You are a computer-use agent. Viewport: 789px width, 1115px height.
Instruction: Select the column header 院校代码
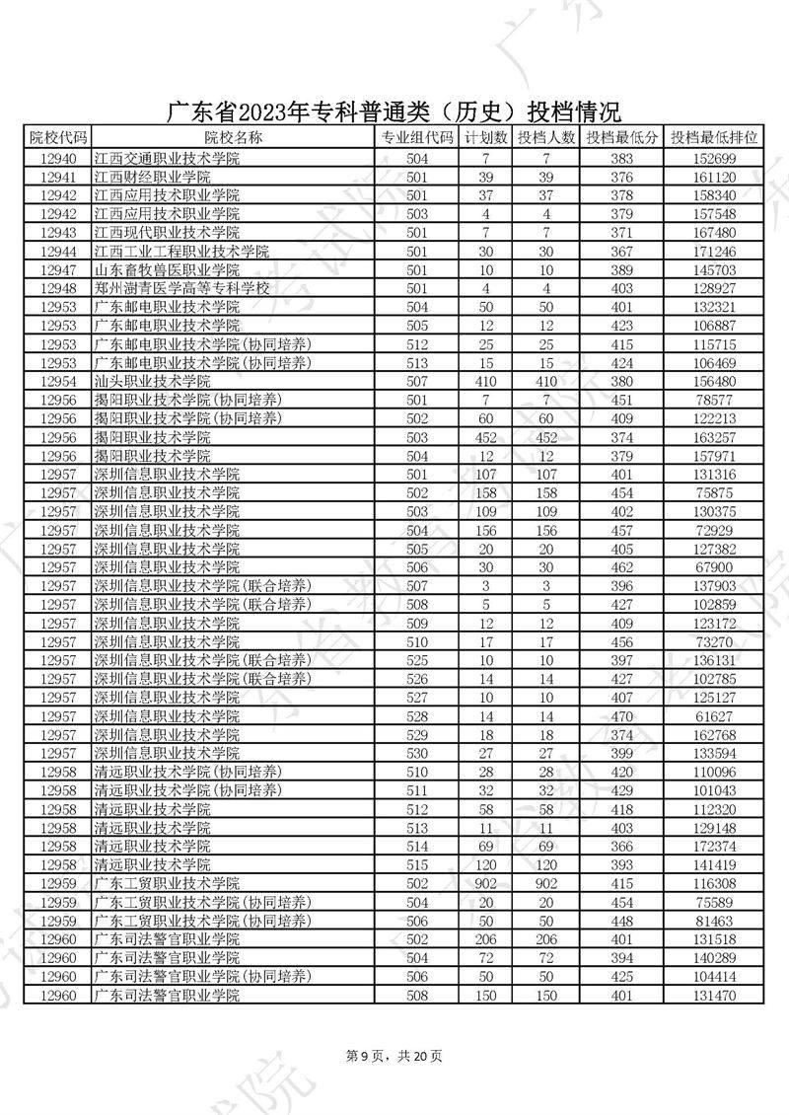coord(59,138)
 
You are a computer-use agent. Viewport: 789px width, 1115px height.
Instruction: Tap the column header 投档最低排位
coord(716,138)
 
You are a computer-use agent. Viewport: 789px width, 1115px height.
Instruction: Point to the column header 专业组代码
coord(418,138)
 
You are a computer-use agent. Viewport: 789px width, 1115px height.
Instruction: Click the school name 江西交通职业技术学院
coord(167,158)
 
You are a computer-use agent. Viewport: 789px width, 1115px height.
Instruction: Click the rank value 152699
coord(716,158)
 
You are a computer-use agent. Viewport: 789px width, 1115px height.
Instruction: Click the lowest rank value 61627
coord(716,715)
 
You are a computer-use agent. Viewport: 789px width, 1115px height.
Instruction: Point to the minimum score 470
coord(621,715)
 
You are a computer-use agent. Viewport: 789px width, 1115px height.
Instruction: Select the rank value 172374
coord(716,846)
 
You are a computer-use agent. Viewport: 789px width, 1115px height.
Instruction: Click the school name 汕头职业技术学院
coord(152,381)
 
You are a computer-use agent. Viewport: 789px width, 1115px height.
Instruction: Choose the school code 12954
coord(59,381)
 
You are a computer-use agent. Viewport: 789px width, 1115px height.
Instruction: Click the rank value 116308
coord(716,883)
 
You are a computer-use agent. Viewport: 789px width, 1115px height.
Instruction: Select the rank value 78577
coord(716,400)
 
